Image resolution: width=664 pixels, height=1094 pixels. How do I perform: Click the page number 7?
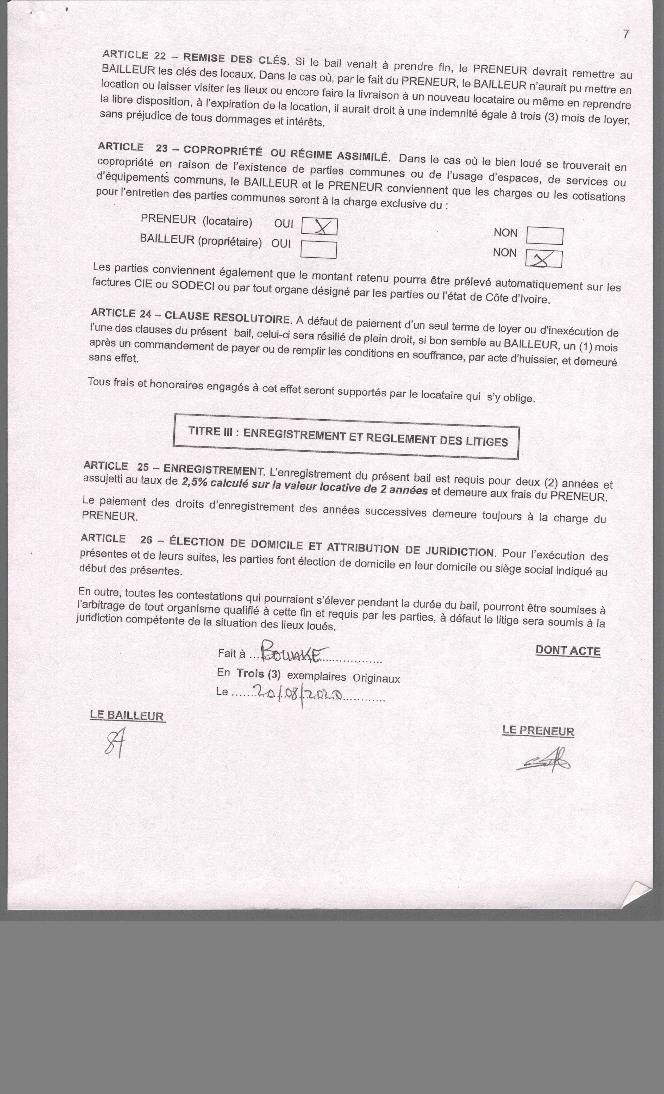point(626,34)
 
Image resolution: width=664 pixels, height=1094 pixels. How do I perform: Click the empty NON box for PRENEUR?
point(544,236)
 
